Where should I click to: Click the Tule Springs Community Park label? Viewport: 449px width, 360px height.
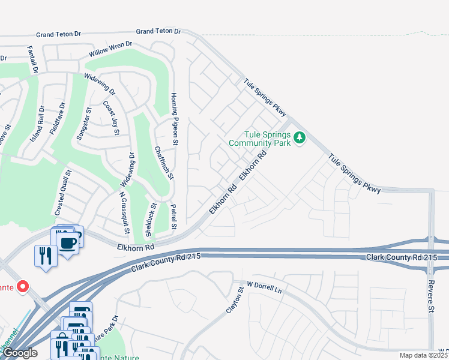259,139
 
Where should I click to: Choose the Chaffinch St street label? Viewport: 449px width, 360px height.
164,163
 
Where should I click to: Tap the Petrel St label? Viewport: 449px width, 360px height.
173,217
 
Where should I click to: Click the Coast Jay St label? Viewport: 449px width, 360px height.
112,118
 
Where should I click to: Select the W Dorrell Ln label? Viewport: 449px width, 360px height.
264,286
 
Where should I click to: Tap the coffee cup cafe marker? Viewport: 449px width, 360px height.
67,242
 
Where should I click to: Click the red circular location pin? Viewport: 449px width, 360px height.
23,287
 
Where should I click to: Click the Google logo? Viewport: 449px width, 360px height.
20,353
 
